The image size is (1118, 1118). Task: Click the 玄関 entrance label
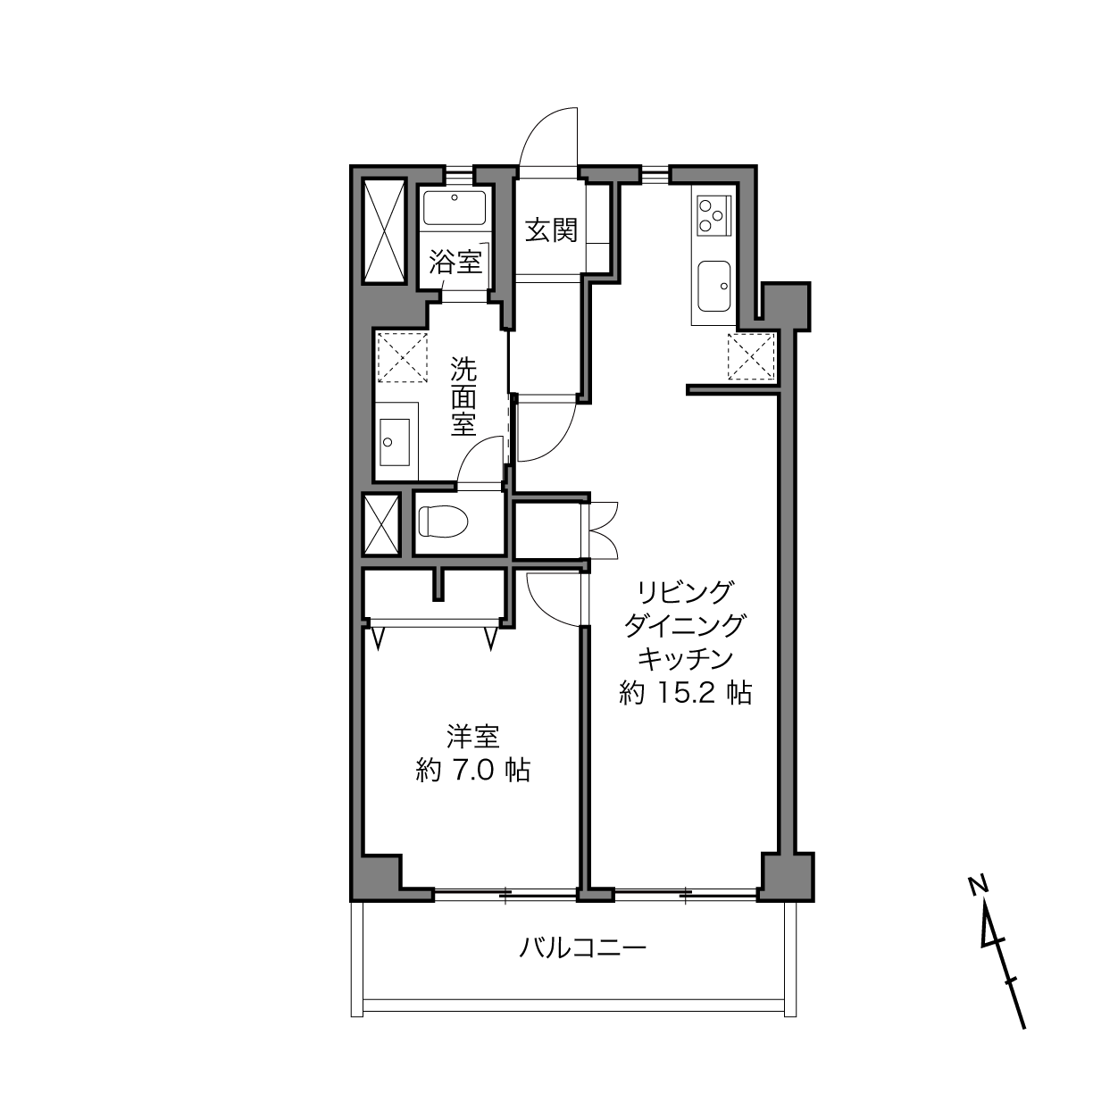click(x=551, y=229)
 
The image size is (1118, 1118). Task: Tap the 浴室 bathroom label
click(x=455, y=262)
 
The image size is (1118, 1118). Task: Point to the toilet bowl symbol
click(x=443, y=521)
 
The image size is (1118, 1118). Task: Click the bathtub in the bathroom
click(x=455, y=209)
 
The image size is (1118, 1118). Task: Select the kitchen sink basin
click(x=714, y=286)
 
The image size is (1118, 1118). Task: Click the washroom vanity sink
click(x=395, y=441)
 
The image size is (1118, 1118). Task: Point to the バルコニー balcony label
click(x=582, y=948)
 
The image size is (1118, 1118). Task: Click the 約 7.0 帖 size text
click(x=473, y=771)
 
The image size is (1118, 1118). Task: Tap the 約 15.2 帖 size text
click(x=685, y=693)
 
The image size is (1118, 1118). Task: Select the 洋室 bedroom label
click(x=473, y=737)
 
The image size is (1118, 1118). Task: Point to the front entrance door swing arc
click(x=534, y=123)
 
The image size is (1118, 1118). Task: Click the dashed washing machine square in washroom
click(x=402, y=357)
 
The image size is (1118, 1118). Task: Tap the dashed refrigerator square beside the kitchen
click(x=751, y=357)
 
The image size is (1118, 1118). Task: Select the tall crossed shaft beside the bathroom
click(x=383, y=231)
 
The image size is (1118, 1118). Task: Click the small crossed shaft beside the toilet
click(x=380, y=524)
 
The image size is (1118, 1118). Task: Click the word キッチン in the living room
click(x=685, y=659)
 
